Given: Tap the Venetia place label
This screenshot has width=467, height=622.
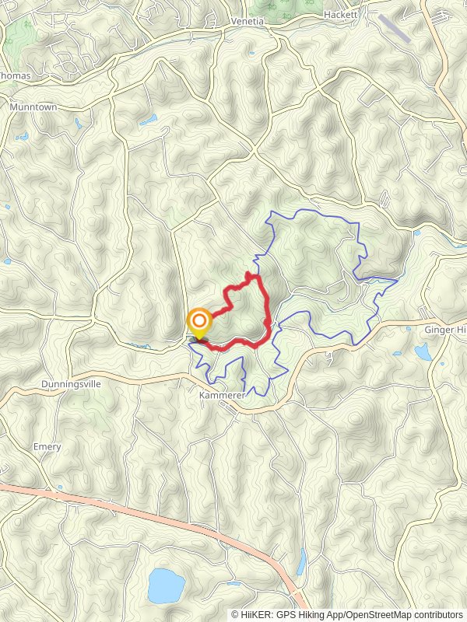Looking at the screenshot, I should (x=248, y=22).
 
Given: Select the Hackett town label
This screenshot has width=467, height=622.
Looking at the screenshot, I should (x=340, y=15).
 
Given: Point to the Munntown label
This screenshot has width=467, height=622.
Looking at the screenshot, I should (x=33, y=107).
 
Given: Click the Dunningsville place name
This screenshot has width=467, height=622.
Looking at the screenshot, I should (x=71, y=385).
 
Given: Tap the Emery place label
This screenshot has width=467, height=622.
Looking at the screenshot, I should (x=47, y=447).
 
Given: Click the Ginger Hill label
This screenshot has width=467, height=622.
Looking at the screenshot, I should (x=444, y=330).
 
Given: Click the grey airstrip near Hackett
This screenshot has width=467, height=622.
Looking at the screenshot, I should (x=397, y=29).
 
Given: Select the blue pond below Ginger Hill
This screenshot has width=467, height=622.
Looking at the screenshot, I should (x=423, y=352).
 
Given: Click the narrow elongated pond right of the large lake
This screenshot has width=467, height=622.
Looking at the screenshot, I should (x=301, y=561).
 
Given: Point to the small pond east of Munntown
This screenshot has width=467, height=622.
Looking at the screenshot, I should (x=147, y=121).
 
